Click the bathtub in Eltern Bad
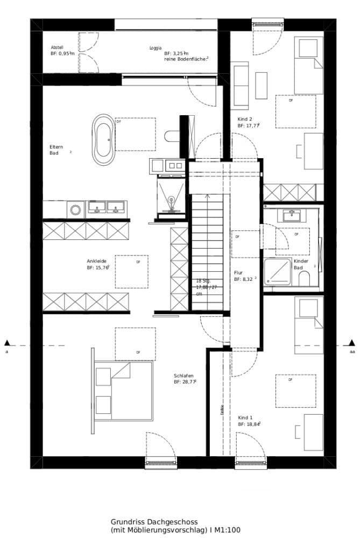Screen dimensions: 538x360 click(103, 140)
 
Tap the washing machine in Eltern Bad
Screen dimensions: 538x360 click(76, 209)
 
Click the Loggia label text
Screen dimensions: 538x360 click(156, 48)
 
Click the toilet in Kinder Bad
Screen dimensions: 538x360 click(303, 278)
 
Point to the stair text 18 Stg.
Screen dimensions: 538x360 click(203, 281)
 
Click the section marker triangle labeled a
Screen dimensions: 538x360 click(7, 342)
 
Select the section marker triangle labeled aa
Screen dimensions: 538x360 click(352, 342)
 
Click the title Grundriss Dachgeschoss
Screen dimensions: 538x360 click(154, 522)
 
